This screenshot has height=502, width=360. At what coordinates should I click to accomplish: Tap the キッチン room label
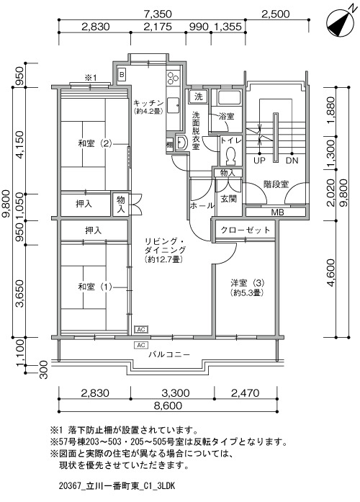[x=148, y=103]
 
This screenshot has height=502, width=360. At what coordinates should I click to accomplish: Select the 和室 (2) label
[x=95, y=143]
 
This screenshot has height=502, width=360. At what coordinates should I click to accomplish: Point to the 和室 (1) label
[x=95, y=287]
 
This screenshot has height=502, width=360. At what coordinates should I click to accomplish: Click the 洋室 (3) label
[x=248, y=283]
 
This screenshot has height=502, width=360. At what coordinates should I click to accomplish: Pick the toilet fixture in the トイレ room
[x=230, y=155]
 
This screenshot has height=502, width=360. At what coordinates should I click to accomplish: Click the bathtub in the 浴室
[x=229, y=97]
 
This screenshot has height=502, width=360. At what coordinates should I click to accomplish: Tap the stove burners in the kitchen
[x=173, y=77]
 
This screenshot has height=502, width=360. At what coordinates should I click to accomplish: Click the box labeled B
[x=122, y=75]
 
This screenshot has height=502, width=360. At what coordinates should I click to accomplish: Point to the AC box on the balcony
[x=141, y=345]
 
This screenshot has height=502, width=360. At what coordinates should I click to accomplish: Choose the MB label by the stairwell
[x=277, y=212]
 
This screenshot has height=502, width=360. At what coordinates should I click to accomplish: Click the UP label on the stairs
[x=259, y=161]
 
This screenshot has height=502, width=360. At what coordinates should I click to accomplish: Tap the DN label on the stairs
[x=292, y=161]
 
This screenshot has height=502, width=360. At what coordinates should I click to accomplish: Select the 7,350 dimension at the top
[x=158, y=14]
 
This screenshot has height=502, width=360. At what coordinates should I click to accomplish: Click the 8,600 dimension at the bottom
[x=168, y=405]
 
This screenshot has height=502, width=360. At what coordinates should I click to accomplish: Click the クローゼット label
[x=246, y=230]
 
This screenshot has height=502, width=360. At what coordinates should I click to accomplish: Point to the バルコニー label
[x=169, y=355]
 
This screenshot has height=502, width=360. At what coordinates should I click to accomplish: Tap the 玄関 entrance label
[x=229, y=199]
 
